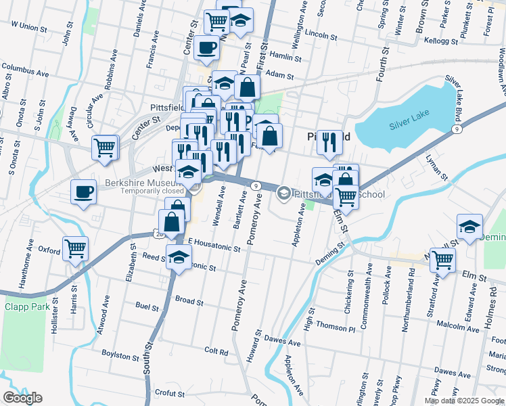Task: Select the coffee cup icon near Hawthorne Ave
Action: [83, 193]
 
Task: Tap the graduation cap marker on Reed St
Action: [179, 258]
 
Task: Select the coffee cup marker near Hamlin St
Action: [206, 48]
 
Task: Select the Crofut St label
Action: [169, 392]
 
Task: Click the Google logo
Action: [22, 398]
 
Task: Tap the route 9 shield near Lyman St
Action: [457, 129]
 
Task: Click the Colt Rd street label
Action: [216, 351]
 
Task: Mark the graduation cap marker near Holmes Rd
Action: [469, 227]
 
